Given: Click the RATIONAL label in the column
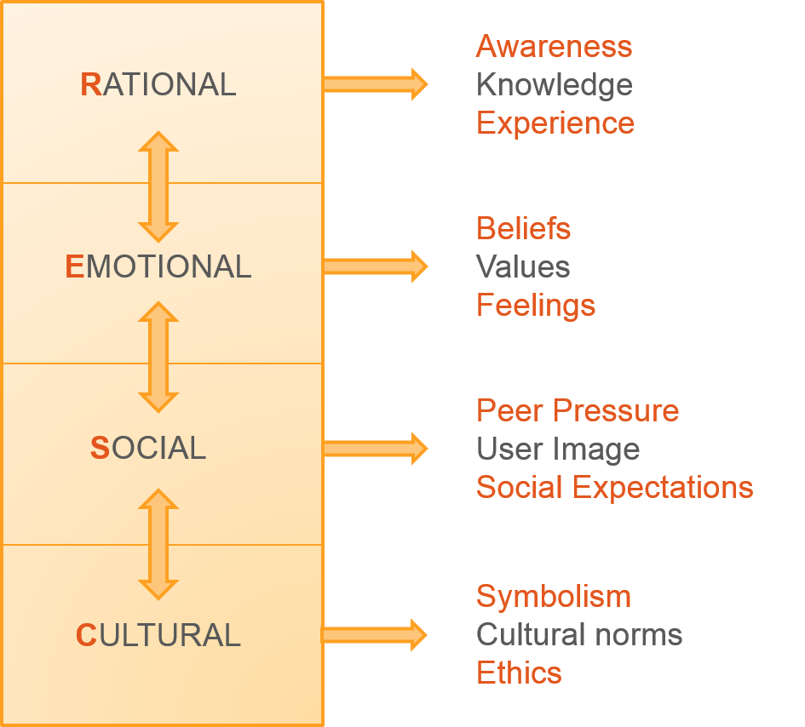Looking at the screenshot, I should [158, 85].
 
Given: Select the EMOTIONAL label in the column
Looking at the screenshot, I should [158, 267].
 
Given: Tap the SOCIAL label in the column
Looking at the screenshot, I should [148, 449].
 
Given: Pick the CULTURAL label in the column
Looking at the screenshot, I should [158, 636].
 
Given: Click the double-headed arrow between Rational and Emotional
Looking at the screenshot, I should [158, 186].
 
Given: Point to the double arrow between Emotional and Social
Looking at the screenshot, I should [158, 358].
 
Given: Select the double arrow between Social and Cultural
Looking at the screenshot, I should [158, 544].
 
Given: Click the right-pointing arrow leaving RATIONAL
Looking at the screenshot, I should [375, 83].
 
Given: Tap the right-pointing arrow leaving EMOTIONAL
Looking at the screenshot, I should [375, 266].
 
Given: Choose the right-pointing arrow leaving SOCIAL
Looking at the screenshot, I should [375, 448].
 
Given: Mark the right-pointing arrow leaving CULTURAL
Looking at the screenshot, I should [375, 634].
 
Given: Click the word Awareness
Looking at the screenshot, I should [554, 46].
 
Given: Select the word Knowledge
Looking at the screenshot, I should [554, 85].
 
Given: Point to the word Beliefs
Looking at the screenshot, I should [523, 228].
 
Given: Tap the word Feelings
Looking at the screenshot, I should [535, 305].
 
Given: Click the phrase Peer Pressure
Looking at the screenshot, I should [577, 410].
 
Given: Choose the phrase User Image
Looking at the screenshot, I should [557, 449].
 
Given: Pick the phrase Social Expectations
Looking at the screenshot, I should [614, 487].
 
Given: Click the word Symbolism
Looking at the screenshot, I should [553, 596].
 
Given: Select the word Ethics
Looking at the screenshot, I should [519, 673].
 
